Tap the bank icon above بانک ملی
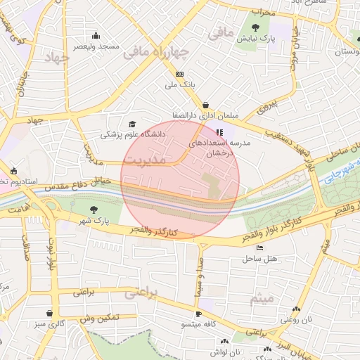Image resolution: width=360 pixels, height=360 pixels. [x=180, y=74]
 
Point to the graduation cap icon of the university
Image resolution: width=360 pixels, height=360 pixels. [x=134, y=123]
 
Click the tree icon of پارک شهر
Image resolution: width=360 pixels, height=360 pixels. [x=94, y=209]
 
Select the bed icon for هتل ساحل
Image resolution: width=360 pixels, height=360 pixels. [x=260, y=248]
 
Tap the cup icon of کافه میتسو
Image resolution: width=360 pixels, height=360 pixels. [x=199, y=314]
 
